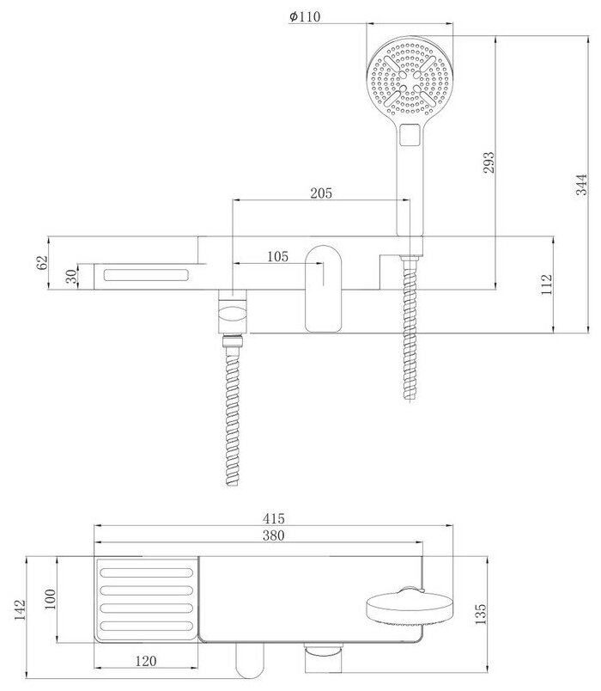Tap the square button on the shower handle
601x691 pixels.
click(410, 134)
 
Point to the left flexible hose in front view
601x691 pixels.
click(233, 413)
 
